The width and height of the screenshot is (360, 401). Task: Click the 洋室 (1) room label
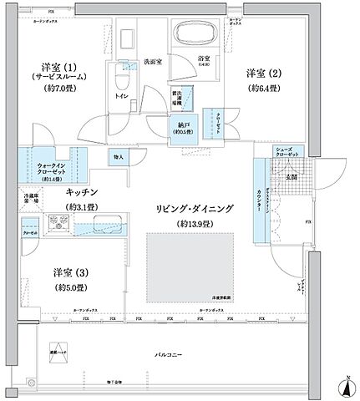[59, 66]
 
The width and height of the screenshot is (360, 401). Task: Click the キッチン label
[83, 191]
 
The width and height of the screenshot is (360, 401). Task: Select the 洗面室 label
[150, 60]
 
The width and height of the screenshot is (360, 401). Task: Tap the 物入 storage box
[118, 156]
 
